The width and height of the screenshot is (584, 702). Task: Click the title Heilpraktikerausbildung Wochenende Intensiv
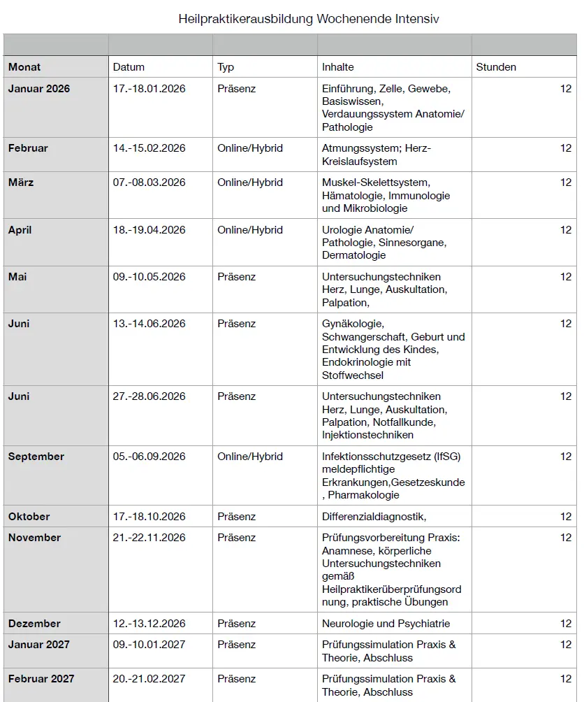[309, 19]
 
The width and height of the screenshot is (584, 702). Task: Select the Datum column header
[129, 67]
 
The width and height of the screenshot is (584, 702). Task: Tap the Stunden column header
[496, 67]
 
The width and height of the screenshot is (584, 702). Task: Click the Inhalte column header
[338, 67]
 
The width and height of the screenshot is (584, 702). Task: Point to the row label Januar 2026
[39, 89]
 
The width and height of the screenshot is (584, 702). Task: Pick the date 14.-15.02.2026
[149, 148]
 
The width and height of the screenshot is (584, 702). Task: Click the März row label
[21, 182]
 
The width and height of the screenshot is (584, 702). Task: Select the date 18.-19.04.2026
[149, 230]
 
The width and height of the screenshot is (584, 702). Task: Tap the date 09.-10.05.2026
[149, 277]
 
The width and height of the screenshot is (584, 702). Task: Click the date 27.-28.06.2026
[149, 396]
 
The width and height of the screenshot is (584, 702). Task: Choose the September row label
[36, 457]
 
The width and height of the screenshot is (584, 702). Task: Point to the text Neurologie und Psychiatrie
[386, 624]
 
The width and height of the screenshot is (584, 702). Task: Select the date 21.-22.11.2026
[149, 538]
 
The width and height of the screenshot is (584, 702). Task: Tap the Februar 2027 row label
[41, 679]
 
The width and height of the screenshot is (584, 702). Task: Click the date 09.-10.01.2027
[149, 645]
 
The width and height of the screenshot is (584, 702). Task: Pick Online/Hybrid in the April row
[250, 230]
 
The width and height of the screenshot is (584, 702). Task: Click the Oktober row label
[29, 517]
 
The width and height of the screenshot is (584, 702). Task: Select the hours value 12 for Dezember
[566, 624]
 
